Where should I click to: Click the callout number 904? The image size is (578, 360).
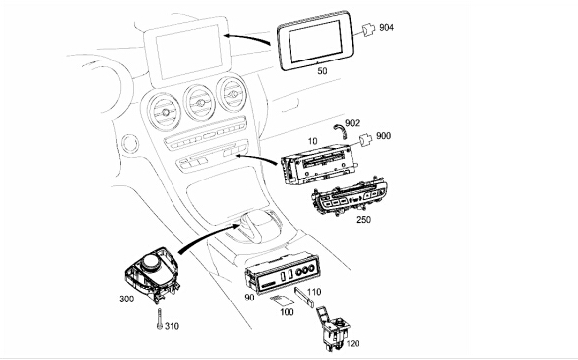(387, 28)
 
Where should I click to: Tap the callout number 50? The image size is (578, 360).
(322, 71)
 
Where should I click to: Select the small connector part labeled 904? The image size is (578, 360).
(367, 30)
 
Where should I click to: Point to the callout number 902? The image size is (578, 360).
(352, 123)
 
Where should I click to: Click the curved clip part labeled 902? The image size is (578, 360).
(340, 130)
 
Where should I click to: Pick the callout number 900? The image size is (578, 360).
(384, 136)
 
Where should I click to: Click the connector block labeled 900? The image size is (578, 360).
(365, 140)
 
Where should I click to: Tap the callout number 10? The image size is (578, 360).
(312, 141)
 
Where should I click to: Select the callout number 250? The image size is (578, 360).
(364, 220)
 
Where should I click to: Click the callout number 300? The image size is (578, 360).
(127, 299)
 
